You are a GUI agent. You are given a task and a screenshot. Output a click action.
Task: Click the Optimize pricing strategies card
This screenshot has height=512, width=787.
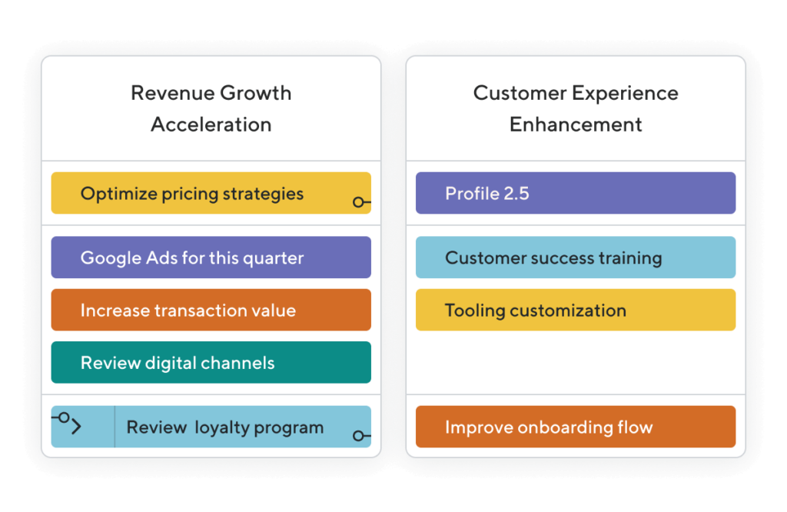pyautogui.click(x=211, y=193)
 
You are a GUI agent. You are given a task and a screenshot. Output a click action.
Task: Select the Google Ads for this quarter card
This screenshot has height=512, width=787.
pyautogui.click(x=211, y=258)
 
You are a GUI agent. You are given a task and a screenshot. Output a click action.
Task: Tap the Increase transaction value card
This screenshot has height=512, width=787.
pyautogui.click(x=211, y=310)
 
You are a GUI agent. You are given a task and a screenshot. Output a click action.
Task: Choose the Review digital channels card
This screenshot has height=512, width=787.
pyautogui.click(x=211, y=362)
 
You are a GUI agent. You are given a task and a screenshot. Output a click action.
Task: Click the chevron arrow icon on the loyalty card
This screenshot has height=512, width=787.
pyautogui.click(x=76, y=427)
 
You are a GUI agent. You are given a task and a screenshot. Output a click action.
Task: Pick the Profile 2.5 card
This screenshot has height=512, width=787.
pyautogui.click(x=576, y=193)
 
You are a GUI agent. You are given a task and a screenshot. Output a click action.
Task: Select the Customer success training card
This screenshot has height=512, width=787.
pyautogui.click(x=576, y=258)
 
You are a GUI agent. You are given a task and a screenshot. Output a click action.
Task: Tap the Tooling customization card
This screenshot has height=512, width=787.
pyautogui.click(x=576, y=310)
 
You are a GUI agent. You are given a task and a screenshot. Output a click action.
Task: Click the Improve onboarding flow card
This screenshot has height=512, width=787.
pyautogui.click(x=576, y=427)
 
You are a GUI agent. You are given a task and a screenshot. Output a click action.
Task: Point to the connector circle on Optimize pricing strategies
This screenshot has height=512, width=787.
pyautogui.click(x=358, y=202)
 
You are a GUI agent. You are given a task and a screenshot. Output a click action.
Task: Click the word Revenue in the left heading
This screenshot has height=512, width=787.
pyautogui.click(x=173, y=93)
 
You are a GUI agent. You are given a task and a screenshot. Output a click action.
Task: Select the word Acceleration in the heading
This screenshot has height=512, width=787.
pyautogui.click(x=211, y=125)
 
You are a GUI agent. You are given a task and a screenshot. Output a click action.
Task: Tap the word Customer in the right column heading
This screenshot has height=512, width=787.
pyautogui.click(x=520, y=93)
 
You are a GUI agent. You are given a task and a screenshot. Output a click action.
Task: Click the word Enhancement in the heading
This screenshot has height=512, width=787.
pyautogui.click(x=576, y=125)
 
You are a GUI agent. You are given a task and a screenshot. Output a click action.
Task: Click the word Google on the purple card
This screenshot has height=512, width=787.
pyautogui.click(x=111, y=258)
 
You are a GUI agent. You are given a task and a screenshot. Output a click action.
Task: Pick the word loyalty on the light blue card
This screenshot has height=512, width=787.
pyautogui.click(x=222, y=428)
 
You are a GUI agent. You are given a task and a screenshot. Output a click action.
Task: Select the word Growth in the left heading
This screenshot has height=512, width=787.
pyautogui.click(x=255, y=93)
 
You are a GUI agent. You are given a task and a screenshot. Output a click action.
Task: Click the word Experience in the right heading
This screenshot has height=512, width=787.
pyautogui.click(x=625, y=94)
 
